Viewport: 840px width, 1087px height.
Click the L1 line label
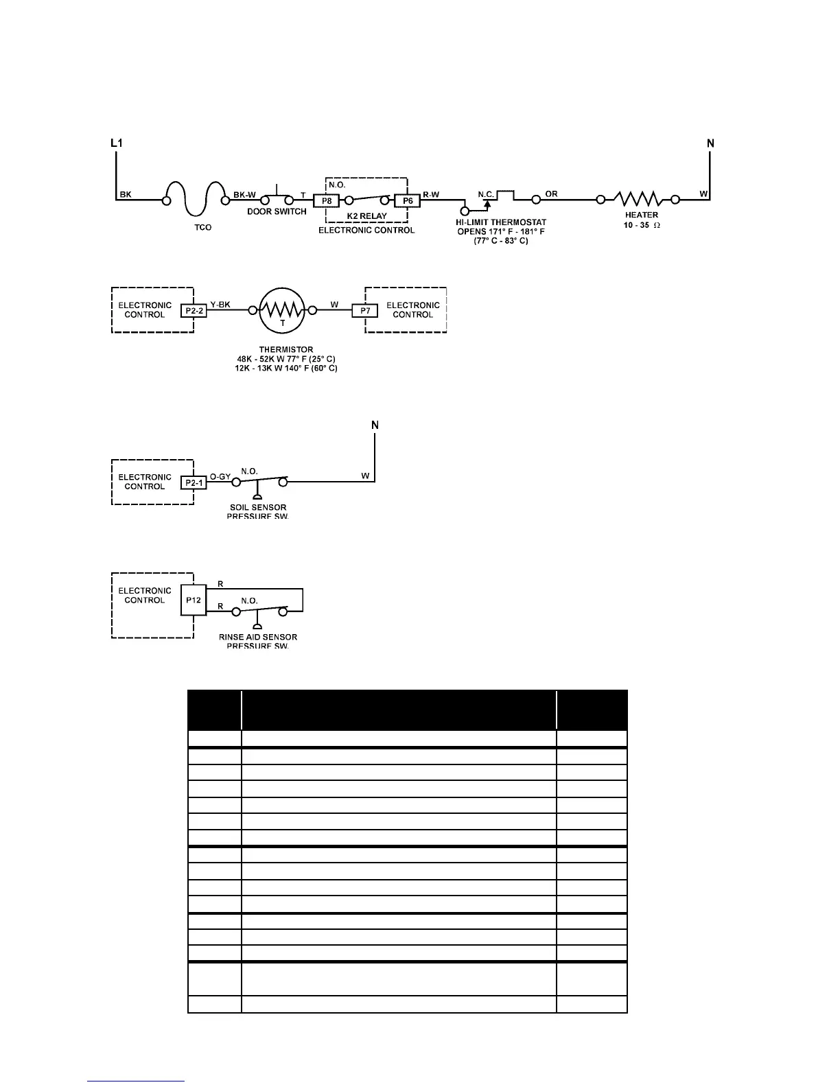[117, 143]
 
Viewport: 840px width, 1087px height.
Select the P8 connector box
[326, 201]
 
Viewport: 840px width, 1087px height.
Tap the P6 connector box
[407, 201]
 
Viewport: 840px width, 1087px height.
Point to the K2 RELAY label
[366, 216]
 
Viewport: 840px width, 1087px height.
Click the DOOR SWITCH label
[277, 212]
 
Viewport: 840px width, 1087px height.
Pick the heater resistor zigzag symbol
[638, 199]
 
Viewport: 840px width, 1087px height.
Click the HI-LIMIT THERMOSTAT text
[501, 222]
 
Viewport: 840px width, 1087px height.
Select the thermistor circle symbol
[281, 310]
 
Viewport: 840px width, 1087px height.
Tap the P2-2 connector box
[194, 311]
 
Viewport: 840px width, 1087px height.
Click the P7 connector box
[365, 311]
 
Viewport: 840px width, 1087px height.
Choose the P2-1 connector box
[194, 482]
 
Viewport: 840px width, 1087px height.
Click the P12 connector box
[194, 600]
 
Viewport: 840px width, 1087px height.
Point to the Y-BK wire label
[220, 305]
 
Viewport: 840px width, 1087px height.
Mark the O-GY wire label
[220, 476]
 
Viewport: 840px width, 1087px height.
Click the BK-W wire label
[244, 195]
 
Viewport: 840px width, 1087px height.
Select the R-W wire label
[431, 195]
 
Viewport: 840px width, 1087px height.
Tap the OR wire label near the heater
[551, 194]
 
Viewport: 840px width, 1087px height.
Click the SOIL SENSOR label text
[258, 508]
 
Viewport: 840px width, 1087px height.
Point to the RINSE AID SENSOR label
[258, 638]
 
